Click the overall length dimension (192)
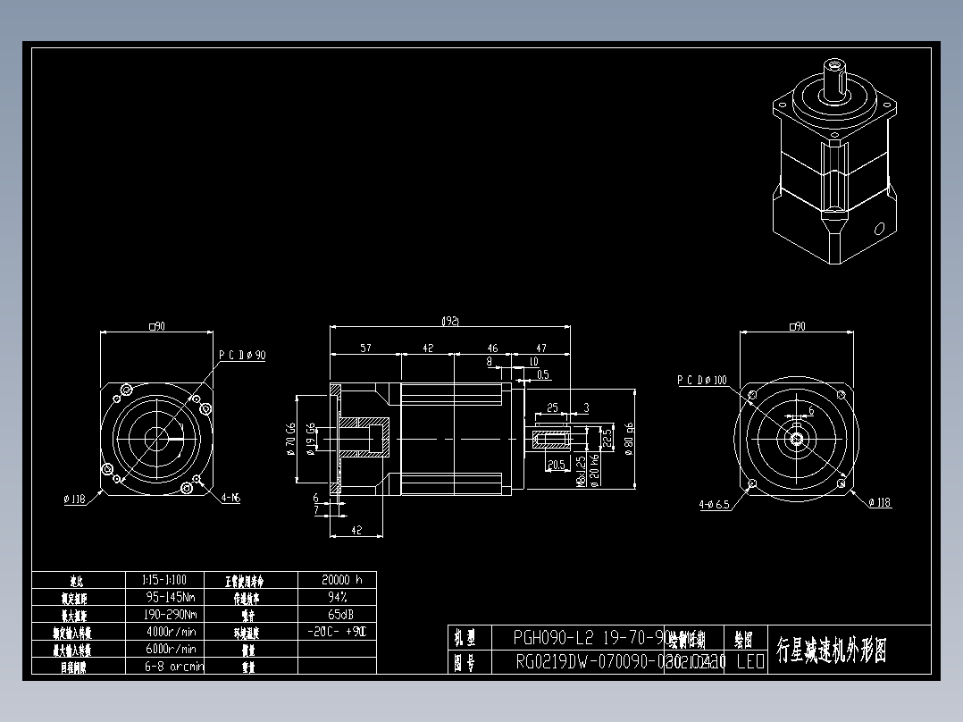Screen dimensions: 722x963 coord(450,321)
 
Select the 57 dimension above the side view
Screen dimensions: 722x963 coord(365,348)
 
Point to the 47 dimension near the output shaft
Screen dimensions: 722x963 coord(540,348)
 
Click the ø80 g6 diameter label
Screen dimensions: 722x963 coord(630,439)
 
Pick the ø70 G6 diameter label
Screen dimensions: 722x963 coord(290,439)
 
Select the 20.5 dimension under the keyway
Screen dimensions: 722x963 coord(556,465)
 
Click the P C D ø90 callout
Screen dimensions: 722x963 coord(242,355)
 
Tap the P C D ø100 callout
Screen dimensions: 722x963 coord(701,380)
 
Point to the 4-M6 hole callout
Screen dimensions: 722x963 coord(230,498)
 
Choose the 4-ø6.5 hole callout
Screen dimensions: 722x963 coord(714,504)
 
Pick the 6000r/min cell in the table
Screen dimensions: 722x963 coord(170,649)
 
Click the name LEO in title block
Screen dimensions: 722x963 coord(749,662)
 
